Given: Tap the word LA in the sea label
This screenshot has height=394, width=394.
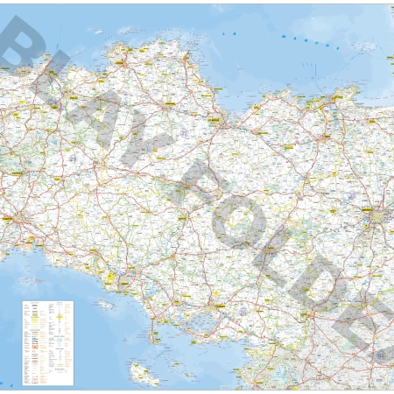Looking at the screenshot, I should [x=229, y=33].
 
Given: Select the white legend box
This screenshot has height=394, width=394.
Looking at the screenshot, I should [x=47, y=342].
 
